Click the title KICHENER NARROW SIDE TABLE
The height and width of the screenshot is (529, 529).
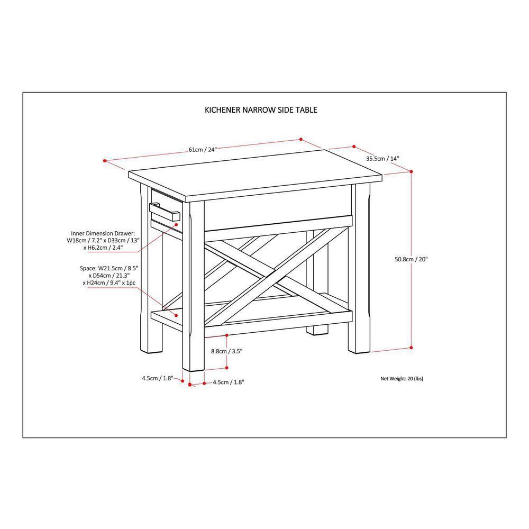pyautogui.click(x=261, y=111)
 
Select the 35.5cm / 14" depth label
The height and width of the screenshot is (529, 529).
pyautogui.click(x=382, y=158)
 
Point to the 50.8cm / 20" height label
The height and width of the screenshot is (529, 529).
pyautogui.click(x=411, y=259)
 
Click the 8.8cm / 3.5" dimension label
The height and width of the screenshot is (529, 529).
pyautogui.click(x=226, y=351)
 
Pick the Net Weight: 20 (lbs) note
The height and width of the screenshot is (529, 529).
pyautogui.click(x=402, y=379)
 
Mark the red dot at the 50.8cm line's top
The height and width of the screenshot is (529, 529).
pyautogui.click(x=411, y=171)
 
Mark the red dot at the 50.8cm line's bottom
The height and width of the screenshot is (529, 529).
pyautogui.click(x=411, y=348)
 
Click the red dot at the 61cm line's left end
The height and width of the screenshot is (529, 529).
pyautogui.click(x=105, y=160)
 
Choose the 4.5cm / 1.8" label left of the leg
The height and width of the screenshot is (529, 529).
pyautogui.click(x=157, y=378)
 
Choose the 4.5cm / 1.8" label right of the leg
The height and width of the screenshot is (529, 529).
pyautogui.click(x=229, y=381)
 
